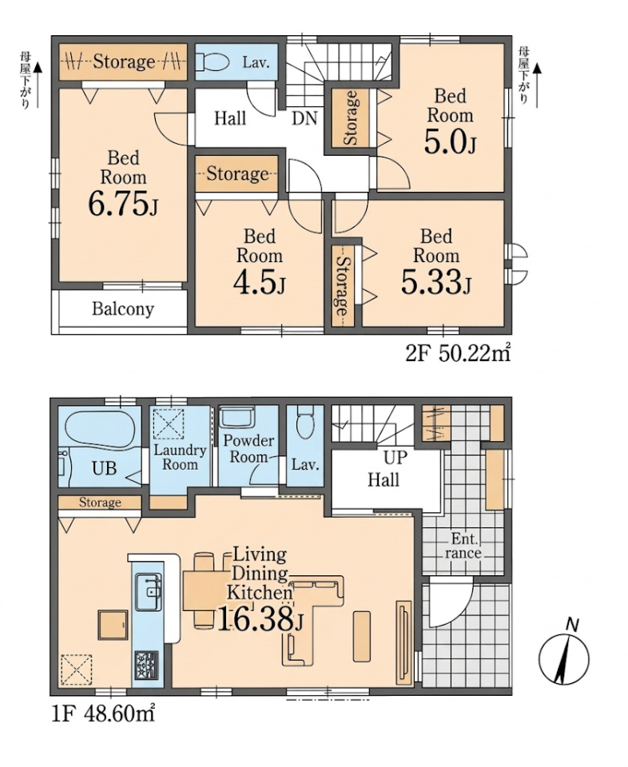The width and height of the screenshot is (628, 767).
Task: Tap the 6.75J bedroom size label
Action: (124, 204)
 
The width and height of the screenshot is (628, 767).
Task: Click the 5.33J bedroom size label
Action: (435, 282)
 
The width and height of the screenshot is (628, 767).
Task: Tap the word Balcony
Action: (123, 309)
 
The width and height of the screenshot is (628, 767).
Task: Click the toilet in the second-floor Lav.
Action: (213, 62)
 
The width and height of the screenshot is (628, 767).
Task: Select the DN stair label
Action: (304, 118)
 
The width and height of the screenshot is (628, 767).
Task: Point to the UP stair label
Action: (395, 457)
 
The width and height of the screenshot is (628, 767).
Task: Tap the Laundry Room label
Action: (180, 457)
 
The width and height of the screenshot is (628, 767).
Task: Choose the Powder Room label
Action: (248, 448)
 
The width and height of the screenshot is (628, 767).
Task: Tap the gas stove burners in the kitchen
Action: (147, 664)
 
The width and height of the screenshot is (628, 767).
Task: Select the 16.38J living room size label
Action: (259, 620)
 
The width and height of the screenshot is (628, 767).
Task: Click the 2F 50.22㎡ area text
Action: (458, 354)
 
